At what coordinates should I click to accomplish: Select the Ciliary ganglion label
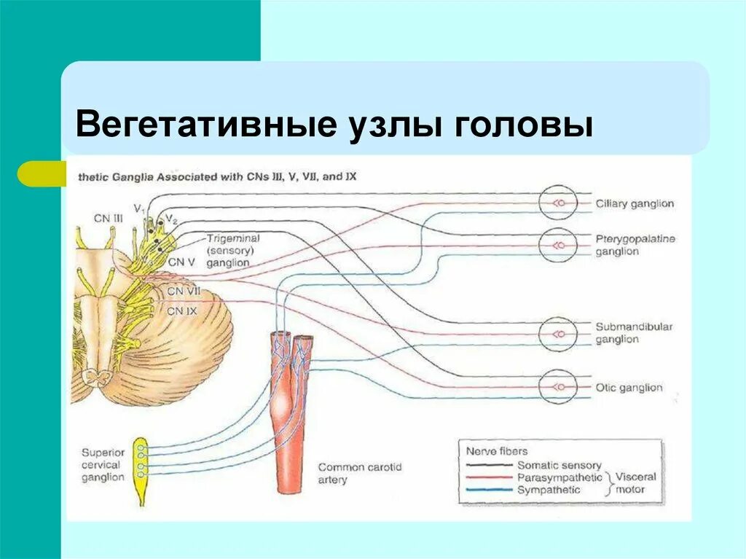[635, 204]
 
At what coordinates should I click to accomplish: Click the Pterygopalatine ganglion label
[635, 245]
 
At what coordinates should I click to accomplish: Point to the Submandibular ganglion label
[633, 333]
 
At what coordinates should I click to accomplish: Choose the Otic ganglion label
[629, 388]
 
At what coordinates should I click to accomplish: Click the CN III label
[108, 217]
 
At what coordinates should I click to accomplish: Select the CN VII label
[184, 292]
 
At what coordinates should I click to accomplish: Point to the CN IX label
[182, 310]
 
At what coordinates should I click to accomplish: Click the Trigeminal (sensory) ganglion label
[232, 250]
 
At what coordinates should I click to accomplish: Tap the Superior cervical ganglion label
[103, 464]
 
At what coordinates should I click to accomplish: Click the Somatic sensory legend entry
[559, 465]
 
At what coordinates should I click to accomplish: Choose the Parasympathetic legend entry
[559, 477]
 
